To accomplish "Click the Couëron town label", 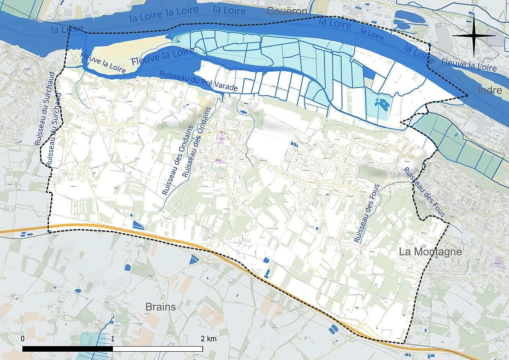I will pos(287,11).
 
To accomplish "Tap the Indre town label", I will pos(490,90).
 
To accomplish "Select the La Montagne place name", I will pos(430,252).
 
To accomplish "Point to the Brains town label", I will pos(161,307).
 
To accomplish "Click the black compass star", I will pos(474,35).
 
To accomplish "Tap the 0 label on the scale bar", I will pos(23,339).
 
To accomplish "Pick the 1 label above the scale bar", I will pos(113,339).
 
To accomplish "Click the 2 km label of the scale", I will pos(208,339).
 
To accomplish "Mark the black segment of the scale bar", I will pos(68,349).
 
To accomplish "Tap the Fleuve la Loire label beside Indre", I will pos(469,65).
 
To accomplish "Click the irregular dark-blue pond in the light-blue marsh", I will pos(383,105).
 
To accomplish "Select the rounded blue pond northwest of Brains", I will pos(128,267).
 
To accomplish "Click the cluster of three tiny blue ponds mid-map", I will pos(295,144).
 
